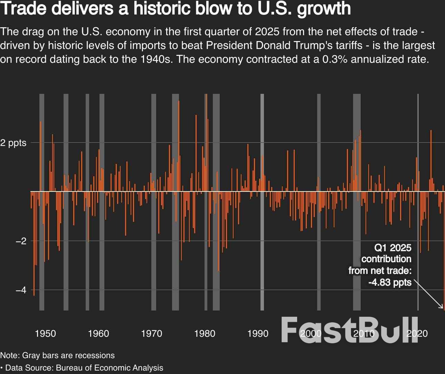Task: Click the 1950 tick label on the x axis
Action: coord(45,334)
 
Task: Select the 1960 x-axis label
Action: coord(98,334)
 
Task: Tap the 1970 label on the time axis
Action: coord(152,334)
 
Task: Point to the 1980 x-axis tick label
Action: coord(205,334)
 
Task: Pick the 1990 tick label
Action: coord(258,334)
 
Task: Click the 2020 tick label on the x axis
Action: coord(417,334)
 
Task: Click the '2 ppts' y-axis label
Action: coord(13,143)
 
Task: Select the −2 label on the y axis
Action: coord(21,241)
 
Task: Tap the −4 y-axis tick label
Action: coord(21,290)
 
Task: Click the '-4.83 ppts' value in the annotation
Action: coord(390,283)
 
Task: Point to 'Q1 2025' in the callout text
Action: coord(393,248)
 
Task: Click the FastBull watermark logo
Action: coord(350,330)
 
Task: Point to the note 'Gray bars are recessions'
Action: coord(68,355)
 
